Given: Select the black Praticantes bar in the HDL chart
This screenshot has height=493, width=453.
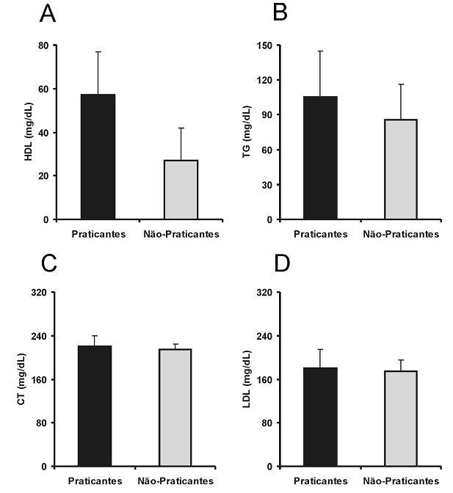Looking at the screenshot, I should (98, 156).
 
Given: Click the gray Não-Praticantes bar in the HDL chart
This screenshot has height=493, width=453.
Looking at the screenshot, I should (181, 189).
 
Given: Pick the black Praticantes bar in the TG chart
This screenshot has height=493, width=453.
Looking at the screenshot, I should (320, 158).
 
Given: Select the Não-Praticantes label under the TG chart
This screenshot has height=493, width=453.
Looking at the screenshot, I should (401, 234).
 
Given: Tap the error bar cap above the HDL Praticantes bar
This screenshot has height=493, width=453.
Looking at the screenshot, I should (98, 52).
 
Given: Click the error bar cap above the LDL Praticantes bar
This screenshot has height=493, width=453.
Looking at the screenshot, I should (320, 349).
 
